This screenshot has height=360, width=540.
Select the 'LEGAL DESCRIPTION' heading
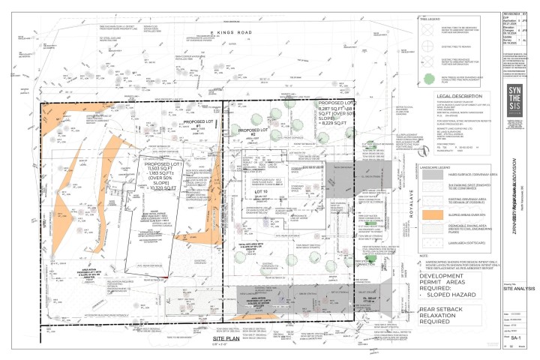[x=450, y=96]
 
